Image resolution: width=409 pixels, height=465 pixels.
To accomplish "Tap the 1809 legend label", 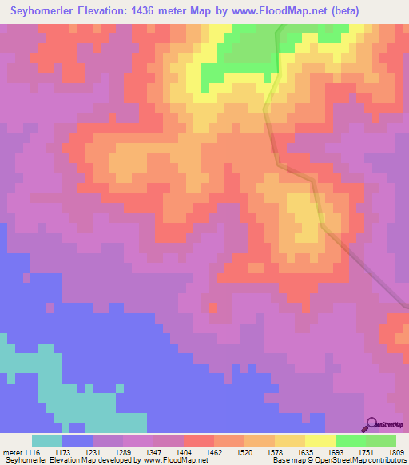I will pos(397,452).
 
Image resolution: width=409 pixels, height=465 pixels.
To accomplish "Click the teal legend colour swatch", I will pos(47,440).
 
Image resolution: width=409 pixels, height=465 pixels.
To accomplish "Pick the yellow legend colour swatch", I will pos(320,440).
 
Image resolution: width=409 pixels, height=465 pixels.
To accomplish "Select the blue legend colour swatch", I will pos(77,440).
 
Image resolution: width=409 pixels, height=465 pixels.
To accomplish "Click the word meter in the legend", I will pos(12,452).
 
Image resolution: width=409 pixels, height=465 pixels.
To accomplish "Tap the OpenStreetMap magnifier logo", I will pos(371,424).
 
